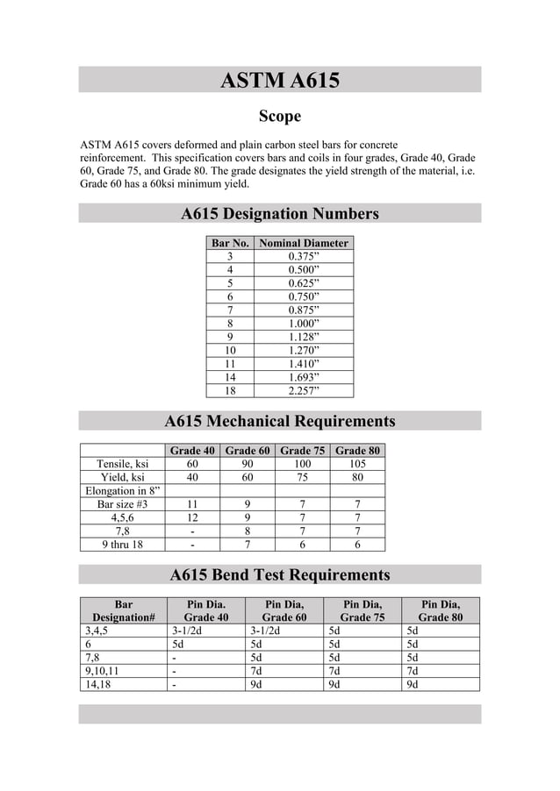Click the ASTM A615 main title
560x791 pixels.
point(279,81)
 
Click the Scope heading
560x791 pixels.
point(279,117)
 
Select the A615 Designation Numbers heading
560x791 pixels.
point(279,214)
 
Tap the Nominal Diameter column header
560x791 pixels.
point(304,243)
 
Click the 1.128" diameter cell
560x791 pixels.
point(304,337)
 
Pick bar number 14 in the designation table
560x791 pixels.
point(230,377)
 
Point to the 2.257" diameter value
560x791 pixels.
point(304,391)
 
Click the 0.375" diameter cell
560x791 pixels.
point(304,257)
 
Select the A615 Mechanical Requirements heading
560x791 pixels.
point(279,422)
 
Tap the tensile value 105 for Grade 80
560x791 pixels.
point(357,464)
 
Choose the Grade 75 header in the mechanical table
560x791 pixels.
point(302,451)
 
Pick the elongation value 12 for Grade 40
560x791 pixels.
point(191,517)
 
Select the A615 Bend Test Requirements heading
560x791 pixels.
point(279,575)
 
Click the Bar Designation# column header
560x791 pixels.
point(124,610)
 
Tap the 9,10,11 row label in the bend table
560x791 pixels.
point(102,672)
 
